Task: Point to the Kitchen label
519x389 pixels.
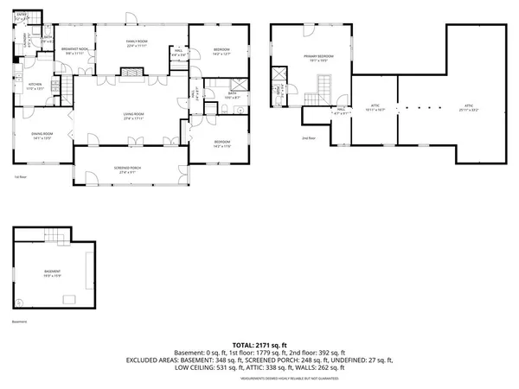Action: pyautogui.click(x=35, y=86)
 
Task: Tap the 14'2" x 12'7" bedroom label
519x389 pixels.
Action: pyautogui.click(x=221, y=51)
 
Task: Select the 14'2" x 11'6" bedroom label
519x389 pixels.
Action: pyautogui.click(x=221, y=143)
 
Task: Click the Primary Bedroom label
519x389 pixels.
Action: pyautogui.click(x=318, y=58)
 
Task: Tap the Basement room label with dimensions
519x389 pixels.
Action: pyautogui.click(x=53, y=274)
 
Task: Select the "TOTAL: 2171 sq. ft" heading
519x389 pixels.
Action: pyautogui.click(x=259, y=345)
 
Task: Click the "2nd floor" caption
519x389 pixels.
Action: pyautogui.click(x=308, y=138)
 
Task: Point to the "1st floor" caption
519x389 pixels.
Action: pyautogui.click(x=19, y=177)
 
